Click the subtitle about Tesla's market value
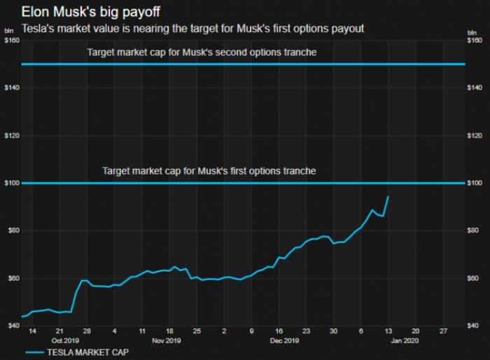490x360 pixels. [193, 29]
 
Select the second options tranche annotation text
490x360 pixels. [202, 53]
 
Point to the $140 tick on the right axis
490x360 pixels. [476, 88]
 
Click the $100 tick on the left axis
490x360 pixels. [11, 184]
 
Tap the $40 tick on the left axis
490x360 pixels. [11, 326]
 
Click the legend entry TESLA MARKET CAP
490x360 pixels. [77, 352]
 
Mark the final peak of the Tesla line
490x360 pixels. [388, 197]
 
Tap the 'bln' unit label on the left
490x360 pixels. [9, 32]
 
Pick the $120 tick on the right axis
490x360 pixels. [476, 136]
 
